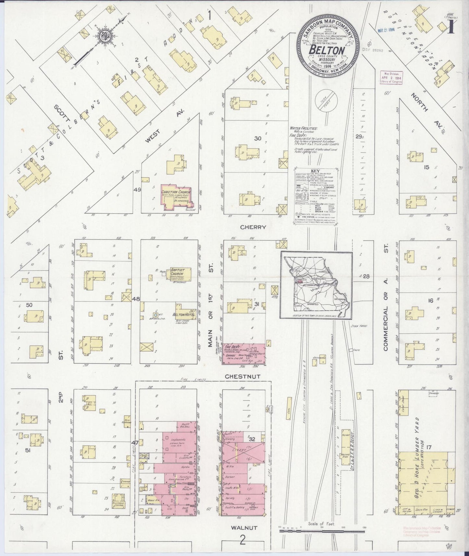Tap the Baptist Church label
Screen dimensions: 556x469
tap(179, 274)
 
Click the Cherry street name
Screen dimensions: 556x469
tap(253, 227)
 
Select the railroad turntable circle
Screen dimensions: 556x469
tap(327, 102)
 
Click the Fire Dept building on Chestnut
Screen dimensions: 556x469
tap(243, 354)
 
